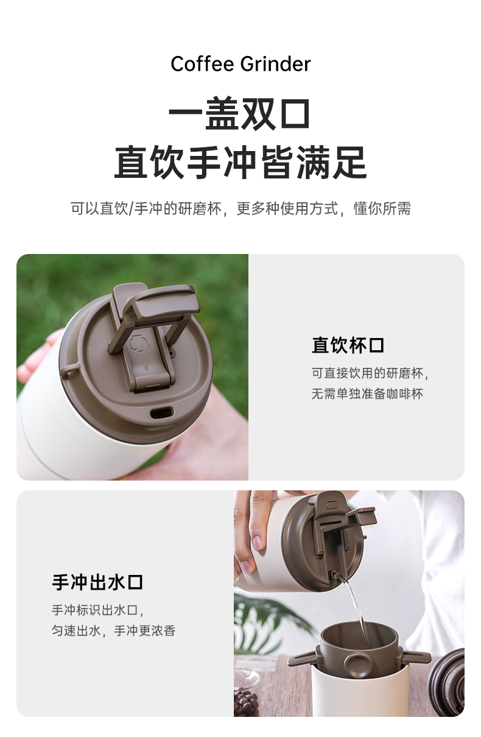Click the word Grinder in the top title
click(275, 64)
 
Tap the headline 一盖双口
click(240, 113)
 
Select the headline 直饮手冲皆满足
click(240, 163)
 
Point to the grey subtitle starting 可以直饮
click(240, 208)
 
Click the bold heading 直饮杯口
click(348, 345)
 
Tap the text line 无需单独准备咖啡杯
click(367, 393)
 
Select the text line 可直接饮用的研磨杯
click(370, 373)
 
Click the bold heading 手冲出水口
click(97, 582)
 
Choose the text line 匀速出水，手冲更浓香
click(113, 630)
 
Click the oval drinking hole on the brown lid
click(161, 412)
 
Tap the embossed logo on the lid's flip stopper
click(139, 342)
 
